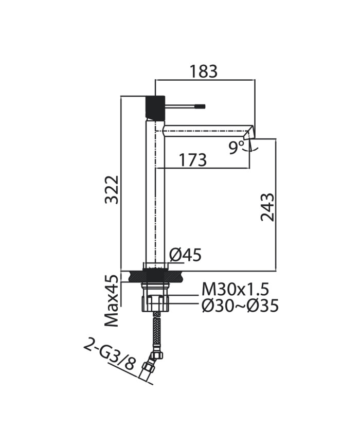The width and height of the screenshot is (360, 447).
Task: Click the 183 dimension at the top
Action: pos(204,71)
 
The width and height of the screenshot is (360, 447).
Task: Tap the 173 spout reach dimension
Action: pos(192,160)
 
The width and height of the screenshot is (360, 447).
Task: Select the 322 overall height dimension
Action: pos(112,190)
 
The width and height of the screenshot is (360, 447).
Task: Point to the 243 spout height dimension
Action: pos(267,207)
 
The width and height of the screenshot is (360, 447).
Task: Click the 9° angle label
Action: pos(237,148)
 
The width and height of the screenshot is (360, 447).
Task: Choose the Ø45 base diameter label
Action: pos(185,255)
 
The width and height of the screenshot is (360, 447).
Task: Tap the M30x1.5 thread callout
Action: pos(235,290)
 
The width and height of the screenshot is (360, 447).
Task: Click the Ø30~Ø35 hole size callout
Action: pos(240,306)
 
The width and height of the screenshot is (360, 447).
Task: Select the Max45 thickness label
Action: pos(112,301)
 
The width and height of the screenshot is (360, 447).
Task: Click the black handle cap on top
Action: pos(155,107)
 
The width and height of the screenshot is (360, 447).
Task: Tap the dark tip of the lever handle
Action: pos(200,106)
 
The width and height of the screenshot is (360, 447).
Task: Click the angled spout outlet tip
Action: pos(249,132)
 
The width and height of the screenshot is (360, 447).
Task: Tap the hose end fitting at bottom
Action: pos(148,370)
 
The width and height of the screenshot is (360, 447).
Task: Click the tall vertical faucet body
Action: pos(155,195)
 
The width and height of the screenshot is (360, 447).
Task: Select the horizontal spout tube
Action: pos(206,130)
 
